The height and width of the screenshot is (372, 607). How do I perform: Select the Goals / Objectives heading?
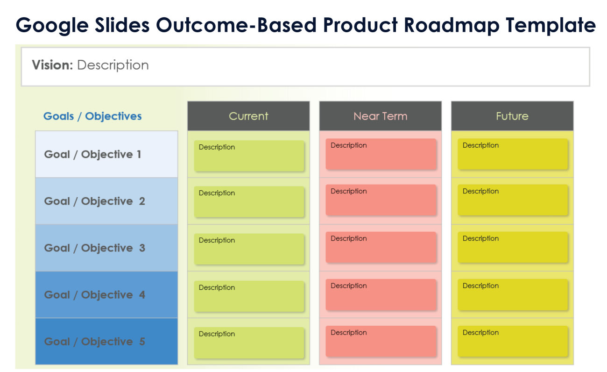(x=92, y=116)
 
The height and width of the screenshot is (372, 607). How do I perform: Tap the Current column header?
(x=248, y=116)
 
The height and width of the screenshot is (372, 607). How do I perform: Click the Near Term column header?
(x=380, y=116)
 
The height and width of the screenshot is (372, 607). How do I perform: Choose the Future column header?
(x=512, y=116)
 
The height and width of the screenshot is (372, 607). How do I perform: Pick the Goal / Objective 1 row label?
(x=92, y=154)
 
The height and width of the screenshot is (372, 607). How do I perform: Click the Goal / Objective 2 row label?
(x=94, y=201)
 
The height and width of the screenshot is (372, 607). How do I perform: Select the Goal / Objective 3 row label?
(x=94, y=248)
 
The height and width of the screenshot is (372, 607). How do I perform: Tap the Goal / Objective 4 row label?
(x=94, y=295)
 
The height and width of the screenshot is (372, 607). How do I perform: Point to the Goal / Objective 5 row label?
(x=94, y=342)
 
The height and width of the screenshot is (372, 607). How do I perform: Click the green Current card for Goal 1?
(x=249, y=156)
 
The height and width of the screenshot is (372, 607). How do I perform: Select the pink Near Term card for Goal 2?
(x=381, y=200)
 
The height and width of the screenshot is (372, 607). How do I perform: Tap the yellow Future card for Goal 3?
(x=512, y=247)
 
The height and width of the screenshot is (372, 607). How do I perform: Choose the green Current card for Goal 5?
(x=249, y=343)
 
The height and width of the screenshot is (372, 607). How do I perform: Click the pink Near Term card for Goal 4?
(x=381, y=294)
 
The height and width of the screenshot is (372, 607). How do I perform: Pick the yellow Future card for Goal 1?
(x=512, y=154)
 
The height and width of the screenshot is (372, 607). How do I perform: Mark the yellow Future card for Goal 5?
(x=512, y=341)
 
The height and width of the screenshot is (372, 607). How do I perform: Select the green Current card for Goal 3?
(x=249, y=249)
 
